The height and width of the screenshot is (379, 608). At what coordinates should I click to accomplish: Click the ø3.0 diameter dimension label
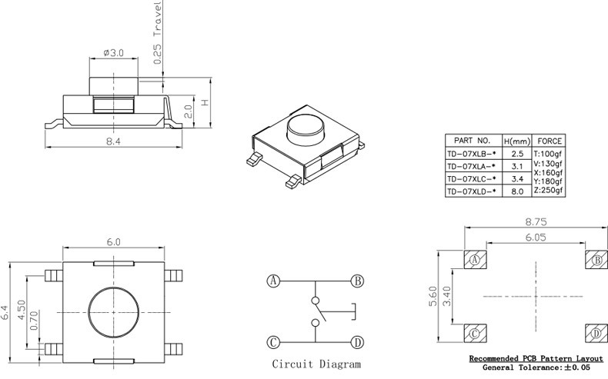[113, 54]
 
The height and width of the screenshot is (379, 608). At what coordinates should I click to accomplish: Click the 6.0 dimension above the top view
[113, 241]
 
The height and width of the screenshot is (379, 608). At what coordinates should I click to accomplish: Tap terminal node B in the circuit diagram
[357, 281]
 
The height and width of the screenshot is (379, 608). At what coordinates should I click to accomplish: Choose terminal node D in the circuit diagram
[357, 342]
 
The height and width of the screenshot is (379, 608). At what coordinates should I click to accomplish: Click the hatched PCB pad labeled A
[475, 260]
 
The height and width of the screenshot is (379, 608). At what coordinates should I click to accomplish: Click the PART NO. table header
[473, 141]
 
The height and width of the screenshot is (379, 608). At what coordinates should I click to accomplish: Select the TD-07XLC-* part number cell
[473, 178]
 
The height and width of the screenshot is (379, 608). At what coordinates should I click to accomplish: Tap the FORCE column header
[550, 141]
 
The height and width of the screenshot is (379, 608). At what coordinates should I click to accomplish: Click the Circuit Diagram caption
[316, 364]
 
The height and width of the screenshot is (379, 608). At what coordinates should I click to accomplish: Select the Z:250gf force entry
[550, 191]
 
